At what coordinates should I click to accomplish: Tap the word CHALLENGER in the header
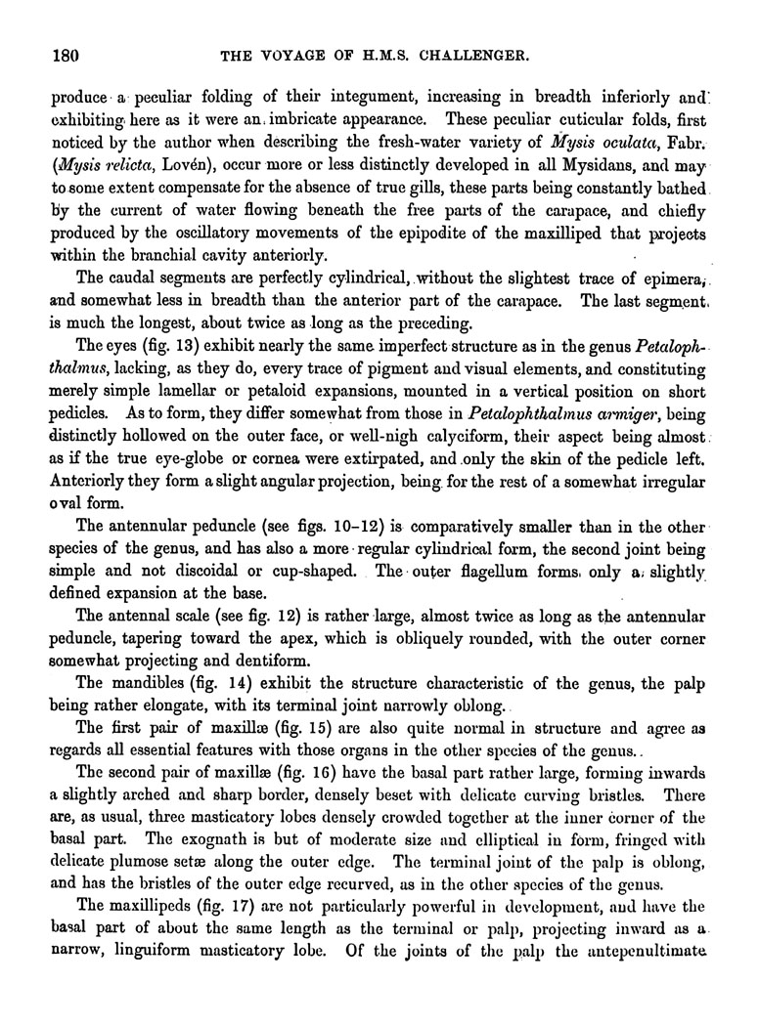(476, 56)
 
